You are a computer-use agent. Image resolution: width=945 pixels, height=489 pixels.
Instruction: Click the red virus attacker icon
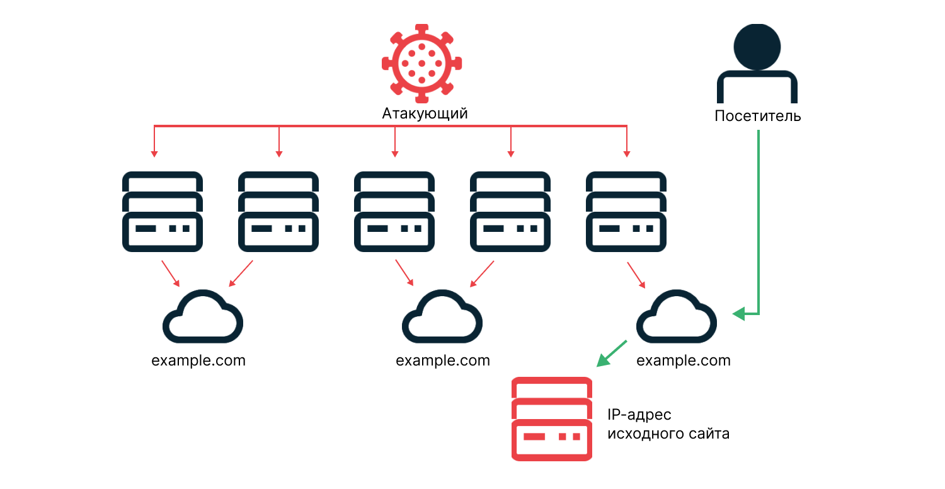click(421, 63)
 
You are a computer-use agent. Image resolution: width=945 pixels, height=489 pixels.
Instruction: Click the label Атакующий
click(425, 114)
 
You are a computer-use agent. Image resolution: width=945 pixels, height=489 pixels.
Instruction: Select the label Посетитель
click(757, 117)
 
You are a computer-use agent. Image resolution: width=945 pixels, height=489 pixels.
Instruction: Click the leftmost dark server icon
click(163, 211)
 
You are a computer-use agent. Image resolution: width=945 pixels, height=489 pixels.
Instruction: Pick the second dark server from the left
click(278, 211)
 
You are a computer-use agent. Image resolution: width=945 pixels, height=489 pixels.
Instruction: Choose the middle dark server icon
click(394, 211)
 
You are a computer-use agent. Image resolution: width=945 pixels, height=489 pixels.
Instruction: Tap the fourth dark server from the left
click(510, 211)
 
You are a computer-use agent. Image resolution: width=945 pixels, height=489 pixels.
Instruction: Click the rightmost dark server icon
click(626, 211)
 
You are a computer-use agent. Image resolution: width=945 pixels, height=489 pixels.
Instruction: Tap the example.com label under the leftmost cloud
click(198, 361)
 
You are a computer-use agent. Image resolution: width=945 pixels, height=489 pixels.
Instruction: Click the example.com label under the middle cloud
click(443, 361)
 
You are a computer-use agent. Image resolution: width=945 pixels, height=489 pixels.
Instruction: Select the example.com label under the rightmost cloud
click(684, 361)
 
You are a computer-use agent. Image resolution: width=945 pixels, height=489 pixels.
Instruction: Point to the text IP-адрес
click(639, 415)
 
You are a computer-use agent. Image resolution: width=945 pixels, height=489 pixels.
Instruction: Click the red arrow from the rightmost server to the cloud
click(636, 275)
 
